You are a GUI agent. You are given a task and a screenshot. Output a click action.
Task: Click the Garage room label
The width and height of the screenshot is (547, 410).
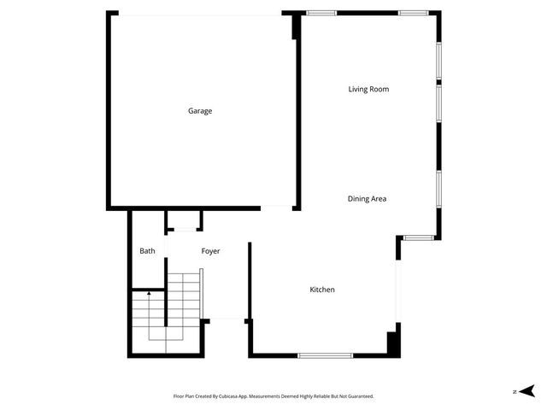[x=200, y=111]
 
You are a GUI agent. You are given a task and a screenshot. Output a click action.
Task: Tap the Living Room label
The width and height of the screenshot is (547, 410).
[x=369, y=89]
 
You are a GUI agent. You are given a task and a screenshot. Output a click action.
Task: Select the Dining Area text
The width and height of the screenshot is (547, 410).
[x=367, y=199]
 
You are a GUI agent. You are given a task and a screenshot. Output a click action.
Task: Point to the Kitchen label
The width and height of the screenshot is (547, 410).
[x=322, y=290]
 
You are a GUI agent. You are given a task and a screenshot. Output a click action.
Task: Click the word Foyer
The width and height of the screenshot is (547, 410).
[x=210, y=251]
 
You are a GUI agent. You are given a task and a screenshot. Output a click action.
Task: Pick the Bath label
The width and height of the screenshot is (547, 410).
[x=148, y=251]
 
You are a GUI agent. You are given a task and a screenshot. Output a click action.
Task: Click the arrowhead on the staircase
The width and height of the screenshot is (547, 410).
[x=149, y=293]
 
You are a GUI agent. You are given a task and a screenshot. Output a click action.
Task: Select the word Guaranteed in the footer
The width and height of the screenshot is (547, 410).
[x=358, y=396]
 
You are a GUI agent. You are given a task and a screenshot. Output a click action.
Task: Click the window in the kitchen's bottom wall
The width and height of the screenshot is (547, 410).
[x=324, y=354]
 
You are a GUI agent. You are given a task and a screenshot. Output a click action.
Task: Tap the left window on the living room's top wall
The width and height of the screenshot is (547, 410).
[x=321, y=12]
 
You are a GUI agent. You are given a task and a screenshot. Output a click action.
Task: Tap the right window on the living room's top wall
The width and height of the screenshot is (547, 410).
[x=413, y=12]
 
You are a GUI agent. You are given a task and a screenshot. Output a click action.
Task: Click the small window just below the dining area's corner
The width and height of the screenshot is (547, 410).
[x=419, y=237]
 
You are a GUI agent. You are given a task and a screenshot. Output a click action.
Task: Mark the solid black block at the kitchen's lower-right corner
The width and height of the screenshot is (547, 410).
[x=393, y=343]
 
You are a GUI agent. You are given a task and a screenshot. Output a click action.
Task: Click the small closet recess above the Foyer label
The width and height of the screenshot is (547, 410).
[x=184, y=220]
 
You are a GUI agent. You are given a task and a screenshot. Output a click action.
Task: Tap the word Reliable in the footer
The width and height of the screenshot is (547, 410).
[x=321, y=396]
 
